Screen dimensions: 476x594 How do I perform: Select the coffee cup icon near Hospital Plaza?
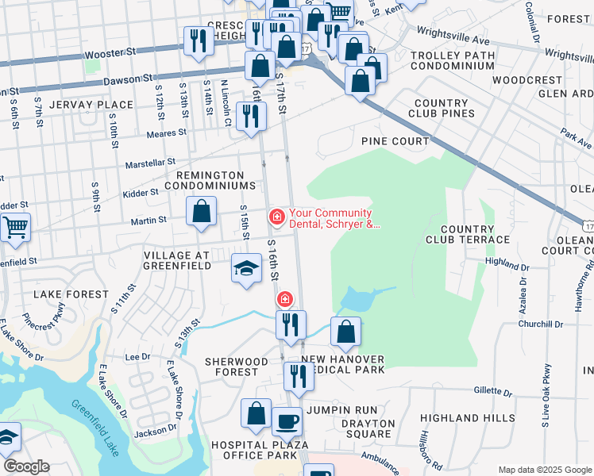coord(287,422)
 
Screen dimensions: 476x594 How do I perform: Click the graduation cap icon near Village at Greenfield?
coord(246,268)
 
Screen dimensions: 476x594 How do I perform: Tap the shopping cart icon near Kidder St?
coord(15,228)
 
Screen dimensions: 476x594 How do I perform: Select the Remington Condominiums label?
coord(210,180)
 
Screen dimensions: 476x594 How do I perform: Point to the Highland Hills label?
coord(461,418)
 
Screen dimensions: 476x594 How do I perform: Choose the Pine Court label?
coord(395,141)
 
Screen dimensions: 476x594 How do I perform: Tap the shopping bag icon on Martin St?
coord(202,211)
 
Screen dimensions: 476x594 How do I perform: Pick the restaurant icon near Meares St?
coord(251,116)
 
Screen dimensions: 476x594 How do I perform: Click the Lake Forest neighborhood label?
coord(71,294)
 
